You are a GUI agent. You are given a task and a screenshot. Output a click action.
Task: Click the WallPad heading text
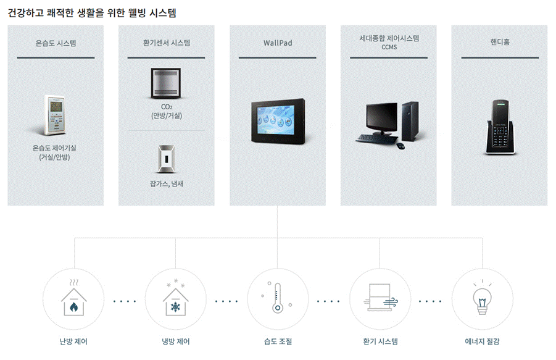coord(277,43)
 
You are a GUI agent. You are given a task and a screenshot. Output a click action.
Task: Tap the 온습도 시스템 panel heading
coord(56,43)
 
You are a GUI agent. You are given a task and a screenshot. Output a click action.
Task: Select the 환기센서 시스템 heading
coord(166,43)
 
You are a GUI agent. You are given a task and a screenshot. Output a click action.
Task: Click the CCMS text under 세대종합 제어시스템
coord(388,48)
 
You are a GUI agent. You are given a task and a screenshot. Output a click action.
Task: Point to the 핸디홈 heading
coord(499,43)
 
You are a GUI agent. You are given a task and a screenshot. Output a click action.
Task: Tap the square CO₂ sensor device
coord(166,83)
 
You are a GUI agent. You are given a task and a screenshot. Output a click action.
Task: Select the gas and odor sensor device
coord(165,159)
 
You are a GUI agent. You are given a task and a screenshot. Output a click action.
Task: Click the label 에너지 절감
coord(482,341)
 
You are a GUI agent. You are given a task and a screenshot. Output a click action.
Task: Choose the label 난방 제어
coord(73,341)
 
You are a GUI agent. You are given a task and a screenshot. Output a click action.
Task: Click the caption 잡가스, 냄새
coord(166,184)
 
